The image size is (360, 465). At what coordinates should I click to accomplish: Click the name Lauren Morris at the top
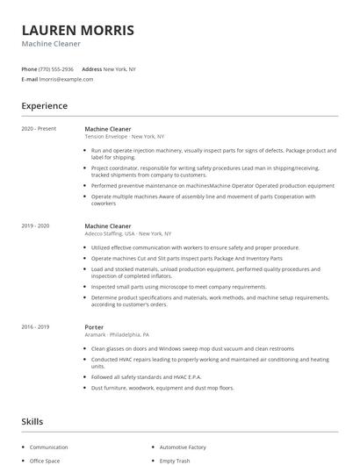point(78,30)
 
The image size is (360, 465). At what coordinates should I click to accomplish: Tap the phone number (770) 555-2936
point(57,69)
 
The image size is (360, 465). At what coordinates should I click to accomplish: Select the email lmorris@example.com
point(66,79)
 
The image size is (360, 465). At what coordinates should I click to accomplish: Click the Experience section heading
point(44,106)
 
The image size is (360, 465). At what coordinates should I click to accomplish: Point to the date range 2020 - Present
point(39,129)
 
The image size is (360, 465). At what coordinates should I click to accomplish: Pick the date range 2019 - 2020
point(35,226)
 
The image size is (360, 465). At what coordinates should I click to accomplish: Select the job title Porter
point(94,327)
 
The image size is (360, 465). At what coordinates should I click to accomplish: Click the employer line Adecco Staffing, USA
point(127,234)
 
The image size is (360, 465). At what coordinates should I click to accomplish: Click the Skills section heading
point(32,422)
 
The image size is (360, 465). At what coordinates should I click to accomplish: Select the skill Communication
point(48,447)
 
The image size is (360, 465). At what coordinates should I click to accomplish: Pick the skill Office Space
point(45,461)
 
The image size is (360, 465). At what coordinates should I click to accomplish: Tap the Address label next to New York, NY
point(91,69)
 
